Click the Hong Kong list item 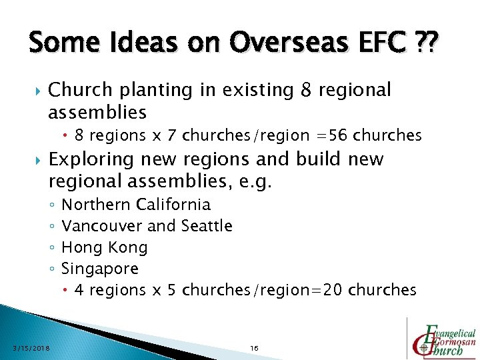coord(104,247)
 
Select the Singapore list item coord(100,269)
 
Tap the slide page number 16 coord(254,348)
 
